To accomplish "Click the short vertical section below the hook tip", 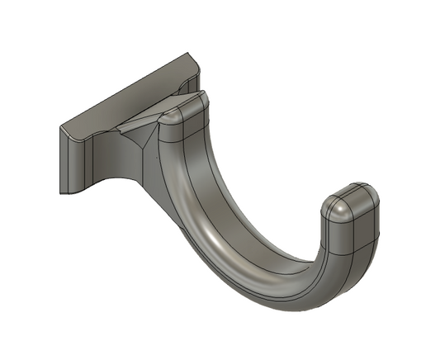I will tap(351, 239).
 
